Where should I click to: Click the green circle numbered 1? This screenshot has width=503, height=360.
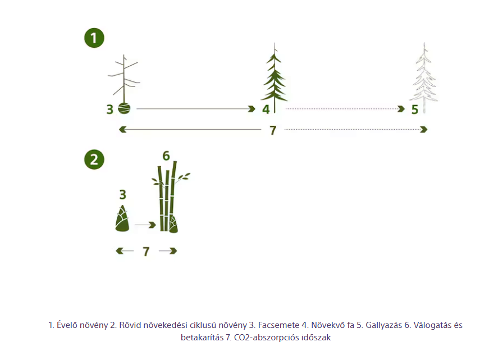tap(94, 38)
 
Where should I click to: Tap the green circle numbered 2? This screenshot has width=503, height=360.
tap(94, 160)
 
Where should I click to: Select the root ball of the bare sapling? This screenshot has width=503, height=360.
tap(124, 108)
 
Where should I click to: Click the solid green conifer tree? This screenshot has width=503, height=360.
tap(275, 78)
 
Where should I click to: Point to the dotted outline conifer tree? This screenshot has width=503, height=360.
tap(424, 78)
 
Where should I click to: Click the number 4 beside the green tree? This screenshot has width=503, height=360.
tap(266, 110)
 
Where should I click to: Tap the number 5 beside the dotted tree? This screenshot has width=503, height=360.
tap(415, 110)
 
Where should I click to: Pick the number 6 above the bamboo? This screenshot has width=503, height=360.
tap(166, 156)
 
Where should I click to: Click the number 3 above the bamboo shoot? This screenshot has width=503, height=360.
tap(122, 194)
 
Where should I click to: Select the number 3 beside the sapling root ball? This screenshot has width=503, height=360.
tap(109, 110)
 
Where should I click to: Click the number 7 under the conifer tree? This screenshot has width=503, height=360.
tap(273, 130)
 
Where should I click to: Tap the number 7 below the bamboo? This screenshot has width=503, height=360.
tap(146, 251)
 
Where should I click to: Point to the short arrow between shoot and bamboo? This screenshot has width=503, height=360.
tap(145, 225)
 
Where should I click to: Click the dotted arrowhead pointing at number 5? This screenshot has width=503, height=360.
tap(401, 109)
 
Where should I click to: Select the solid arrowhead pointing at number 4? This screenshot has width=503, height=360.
tap(251, 109)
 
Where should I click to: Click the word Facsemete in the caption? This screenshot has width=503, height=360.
tap(278, 325)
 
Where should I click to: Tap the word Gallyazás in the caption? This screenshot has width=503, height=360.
tap(383, 325)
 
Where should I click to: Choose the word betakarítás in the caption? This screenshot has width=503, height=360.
tap(202, 338)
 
